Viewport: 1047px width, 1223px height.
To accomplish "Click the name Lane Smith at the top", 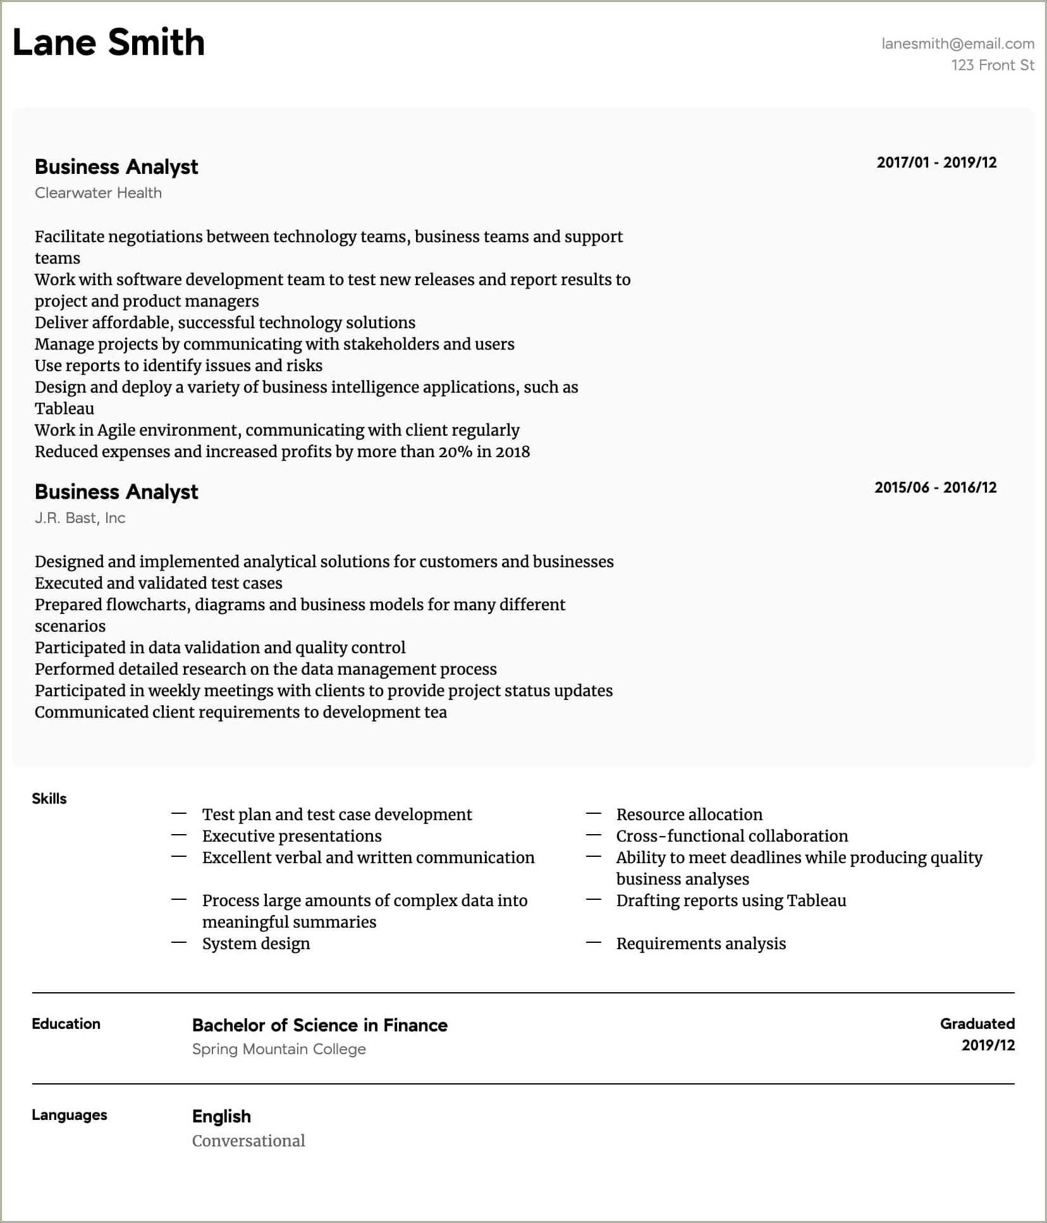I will pyautogui.click(x=108, y=43).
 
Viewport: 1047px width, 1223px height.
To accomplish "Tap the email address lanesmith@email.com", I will pyautogui.click(x=957, y=44).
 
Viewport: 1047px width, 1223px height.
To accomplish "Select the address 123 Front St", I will pyautogui.click(x=992, y=65).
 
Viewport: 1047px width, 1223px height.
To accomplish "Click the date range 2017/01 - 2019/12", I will pyautogui.click(x=936, y=163).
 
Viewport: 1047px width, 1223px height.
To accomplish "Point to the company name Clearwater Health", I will pyautogui.click(x=98, y=193).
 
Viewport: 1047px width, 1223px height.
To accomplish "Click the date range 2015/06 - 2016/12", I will pyautogui.click(x=934, y=488).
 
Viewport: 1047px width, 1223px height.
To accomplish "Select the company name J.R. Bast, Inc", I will pyautogui.click(x=80, y=518).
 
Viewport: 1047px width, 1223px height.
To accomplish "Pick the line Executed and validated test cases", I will pyautogui.click(x=158, y=583).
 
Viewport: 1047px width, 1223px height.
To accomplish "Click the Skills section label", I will pyautogui.click(x=49, y=799).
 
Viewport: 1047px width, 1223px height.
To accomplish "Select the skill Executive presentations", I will pyautogui.click(x=291, y=836).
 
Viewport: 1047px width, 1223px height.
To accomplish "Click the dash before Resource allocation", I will pyautogui.click(x=593, y=814).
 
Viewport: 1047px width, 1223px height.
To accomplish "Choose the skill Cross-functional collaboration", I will pyautogui.click(x=732, y=836).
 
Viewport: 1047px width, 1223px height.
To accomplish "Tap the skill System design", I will pyautogui.click(x=255, y=943).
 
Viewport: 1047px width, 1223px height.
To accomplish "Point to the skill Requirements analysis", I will pyautogui.click(x=701, y=943).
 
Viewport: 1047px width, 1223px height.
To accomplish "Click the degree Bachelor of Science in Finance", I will pyautogui.click(x=319, y=1025).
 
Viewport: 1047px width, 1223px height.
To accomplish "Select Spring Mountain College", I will pyautogui.click(x=279, y=1049).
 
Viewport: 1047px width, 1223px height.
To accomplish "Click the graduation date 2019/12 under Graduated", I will pyautogui.click(x=988, y=1045).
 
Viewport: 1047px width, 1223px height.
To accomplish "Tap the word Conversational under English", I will pyautogui.click(x=248, y=1141).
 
